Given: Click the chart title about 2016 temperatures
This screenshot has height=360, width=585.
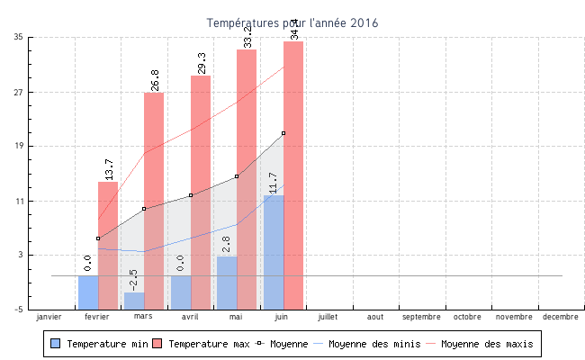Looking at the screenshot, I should coord(292,22).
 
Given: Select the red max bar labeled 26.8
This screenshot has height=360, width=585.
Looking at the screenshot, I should coord(154,198).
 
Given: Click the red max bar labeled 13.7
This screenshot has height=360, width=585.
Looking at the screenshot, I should coord(108,243).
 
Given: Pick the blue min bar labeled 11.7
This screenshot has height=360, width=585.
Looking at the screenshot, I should coord(274,252).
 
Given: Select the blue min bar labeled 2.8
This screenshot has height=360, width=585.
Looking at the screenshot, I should coord(227,283).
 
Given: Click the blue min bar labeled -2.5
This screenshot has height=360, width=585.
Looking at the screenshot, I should coord(134,301).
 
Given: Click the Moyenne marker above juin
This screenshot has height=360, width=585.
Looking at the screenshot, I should coord(283,133).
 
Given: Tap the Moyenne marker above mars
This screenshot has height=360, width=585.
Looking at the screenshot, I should coord(144,209).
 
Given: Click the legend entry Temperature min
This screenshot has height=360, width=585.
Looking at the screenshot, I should coord(98,344).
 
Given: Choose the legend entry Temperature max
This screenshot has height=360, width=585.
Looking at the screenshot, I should coord(200,344).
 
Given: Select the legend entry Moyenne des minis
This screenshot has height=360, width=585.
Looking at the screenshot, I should coord(367,344).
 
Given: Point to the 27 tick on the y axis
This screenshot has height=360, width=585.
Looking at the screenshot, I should coord(19,92).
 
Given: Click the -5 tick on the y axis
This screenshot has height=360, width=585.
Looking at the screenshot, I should coord(19,310).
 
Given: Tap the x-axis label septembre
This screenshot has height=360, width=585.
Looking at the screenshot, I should coord(421,317).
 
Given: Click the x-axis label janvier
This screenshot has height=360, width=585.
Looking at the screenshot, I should coord(50,317).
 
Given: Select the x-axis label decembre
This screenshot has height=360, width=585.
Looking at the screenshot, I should coord(561,317).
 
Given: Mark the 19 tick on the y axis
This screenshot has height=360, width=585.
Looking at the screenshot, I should coord(19,146).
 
